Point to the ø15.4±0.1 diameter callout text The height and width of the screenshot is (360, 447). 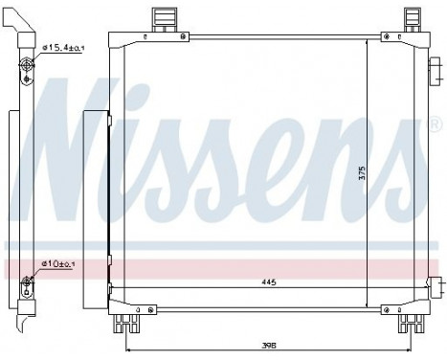(x=63, y=47)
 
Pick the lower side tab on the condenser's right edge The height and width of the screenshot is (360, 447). (x=435, y=287)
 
